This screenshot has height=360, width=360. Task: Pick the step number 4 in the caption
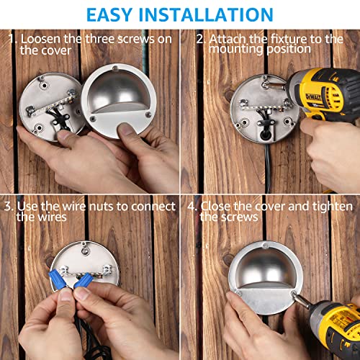pyautogui.click(x=192, y=205)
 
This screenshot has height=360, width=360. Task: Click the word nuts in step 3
pyautogui.click(x=103, y=207)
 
